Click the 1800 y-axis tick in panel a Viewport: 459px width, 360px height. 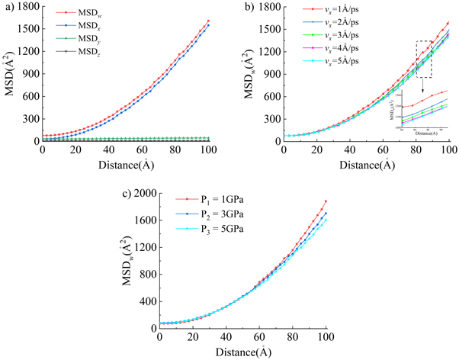pos(27,7)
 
